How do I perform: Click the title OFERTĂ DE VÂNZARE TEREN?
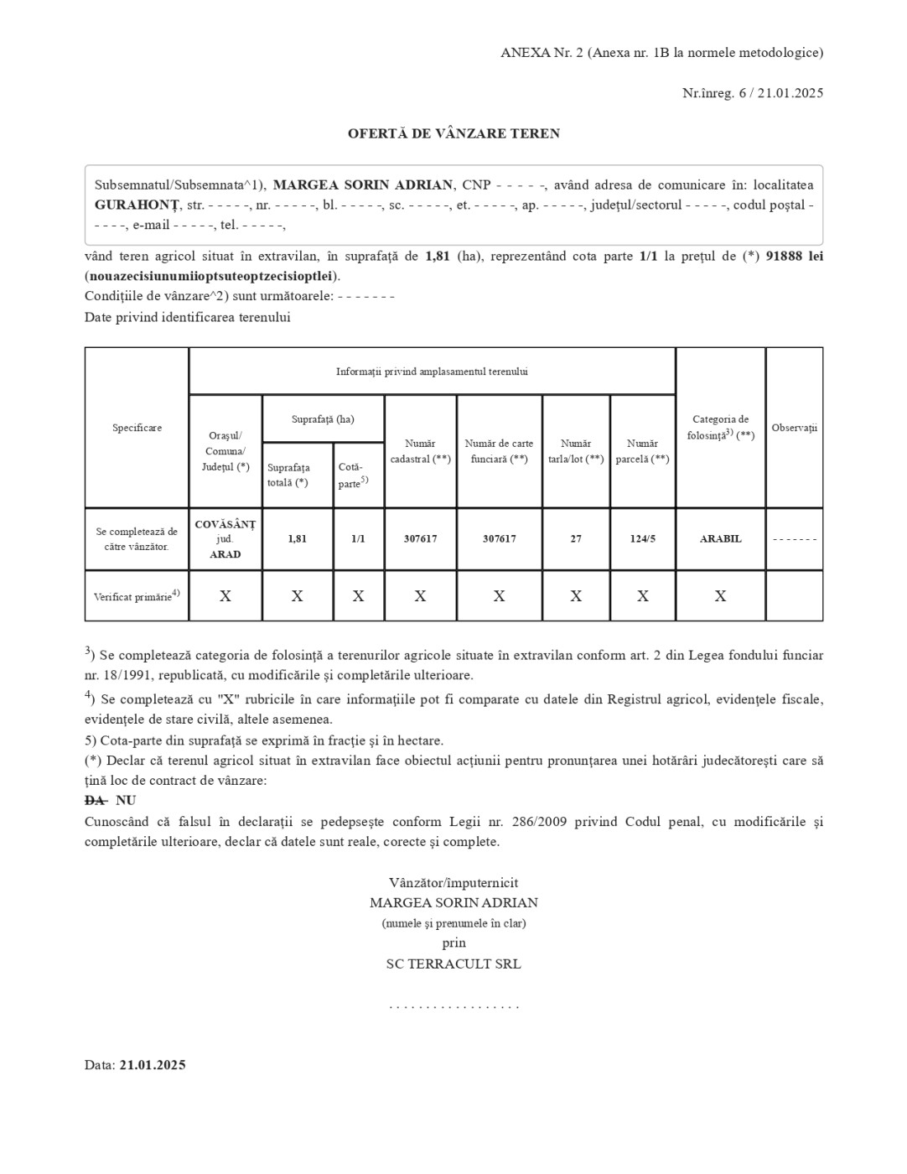tap(453, 133)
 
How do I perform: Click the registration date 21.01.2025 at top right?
tap(790, 93)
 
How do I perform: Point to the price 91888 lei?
tap(794, 257)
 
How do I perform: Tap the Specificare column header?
tap(137, 428)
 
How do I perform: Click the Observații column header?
tap(794, 428)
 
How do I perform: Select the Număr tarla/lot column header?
tap(576, 451)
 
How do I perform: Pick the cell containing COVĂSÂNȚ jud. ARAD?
tap(225, 539)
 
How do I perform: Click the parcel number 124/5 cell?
tap(643, 539)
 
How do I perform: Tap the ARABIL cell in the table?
tap(720, 539)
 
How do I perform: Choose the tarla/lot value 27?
tap(576, 539)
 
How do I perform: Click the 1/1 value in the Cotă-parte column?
tap(358, 539)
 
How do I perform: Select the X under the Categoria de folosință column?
tap(720, 596)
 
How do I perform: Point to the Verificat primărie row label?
tap(137, 596)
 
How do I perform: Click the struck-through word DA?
tap(95, 801)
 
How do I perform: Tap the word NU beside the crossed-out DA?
tap(126, 801)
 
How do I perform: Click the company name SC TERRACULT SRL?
tap(453, 964)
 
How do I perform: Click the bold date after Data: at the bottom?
tap(152, 1065)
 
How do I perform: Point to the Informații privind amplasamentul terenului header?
tap(432, 371)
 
